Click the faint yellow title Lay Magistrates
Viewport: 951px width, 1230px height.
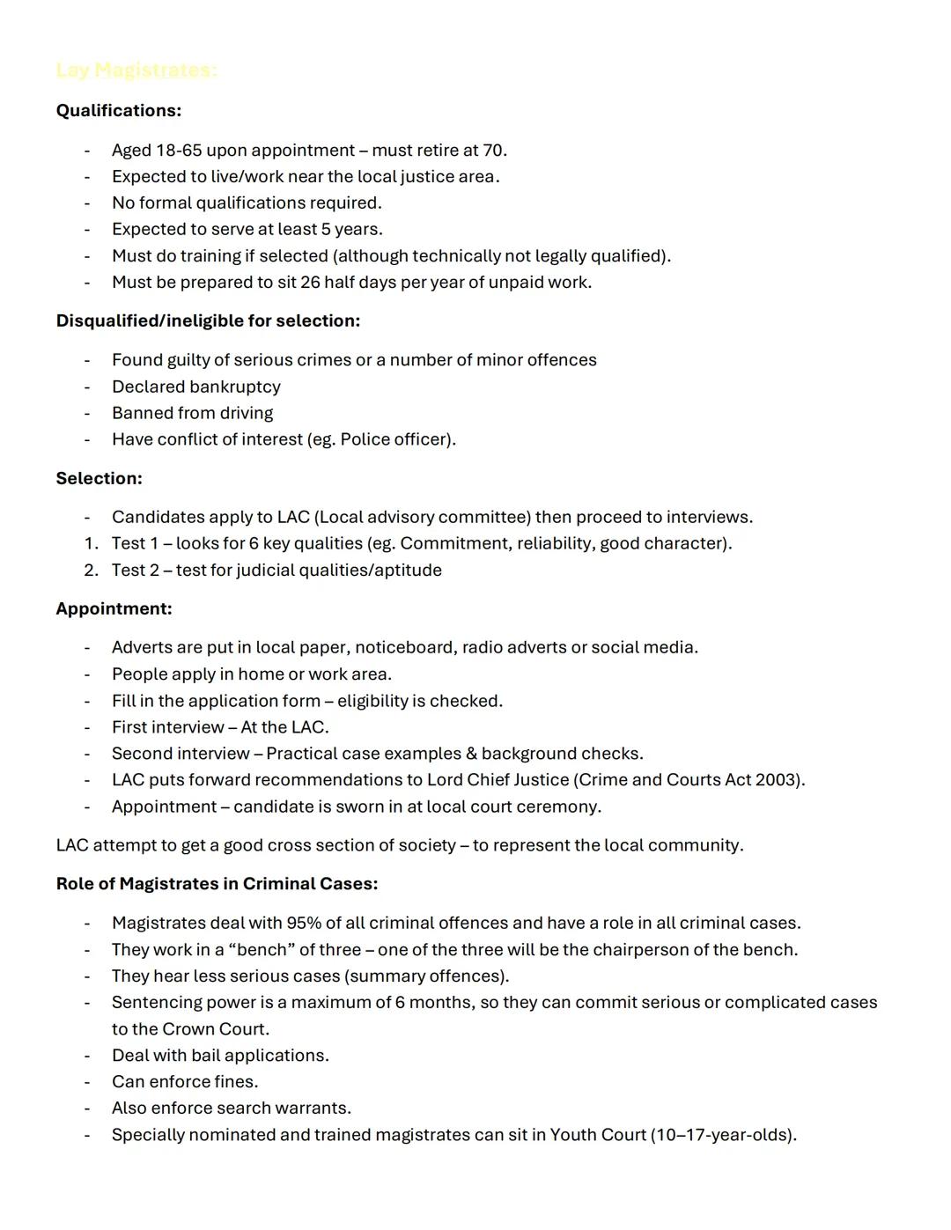point(136,70)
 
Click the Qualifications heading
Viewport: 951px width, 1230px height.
point(119,111)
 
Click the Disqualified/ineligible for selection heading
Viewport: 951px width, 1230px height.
point(208,320)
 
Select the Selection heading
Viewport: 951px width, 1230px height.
point(99,478)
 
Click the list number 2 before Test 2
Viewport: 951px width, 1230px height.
point(90,571)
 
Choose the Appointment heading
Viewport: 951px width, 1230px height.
point(114,608)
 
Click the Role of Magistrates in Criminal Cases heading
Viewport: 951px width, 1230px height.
point(217,884)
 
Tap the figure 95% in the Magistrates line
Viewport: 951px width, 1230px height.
point(303,924)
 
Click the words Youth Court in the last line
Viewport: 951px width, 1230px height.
point(598,1135)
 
